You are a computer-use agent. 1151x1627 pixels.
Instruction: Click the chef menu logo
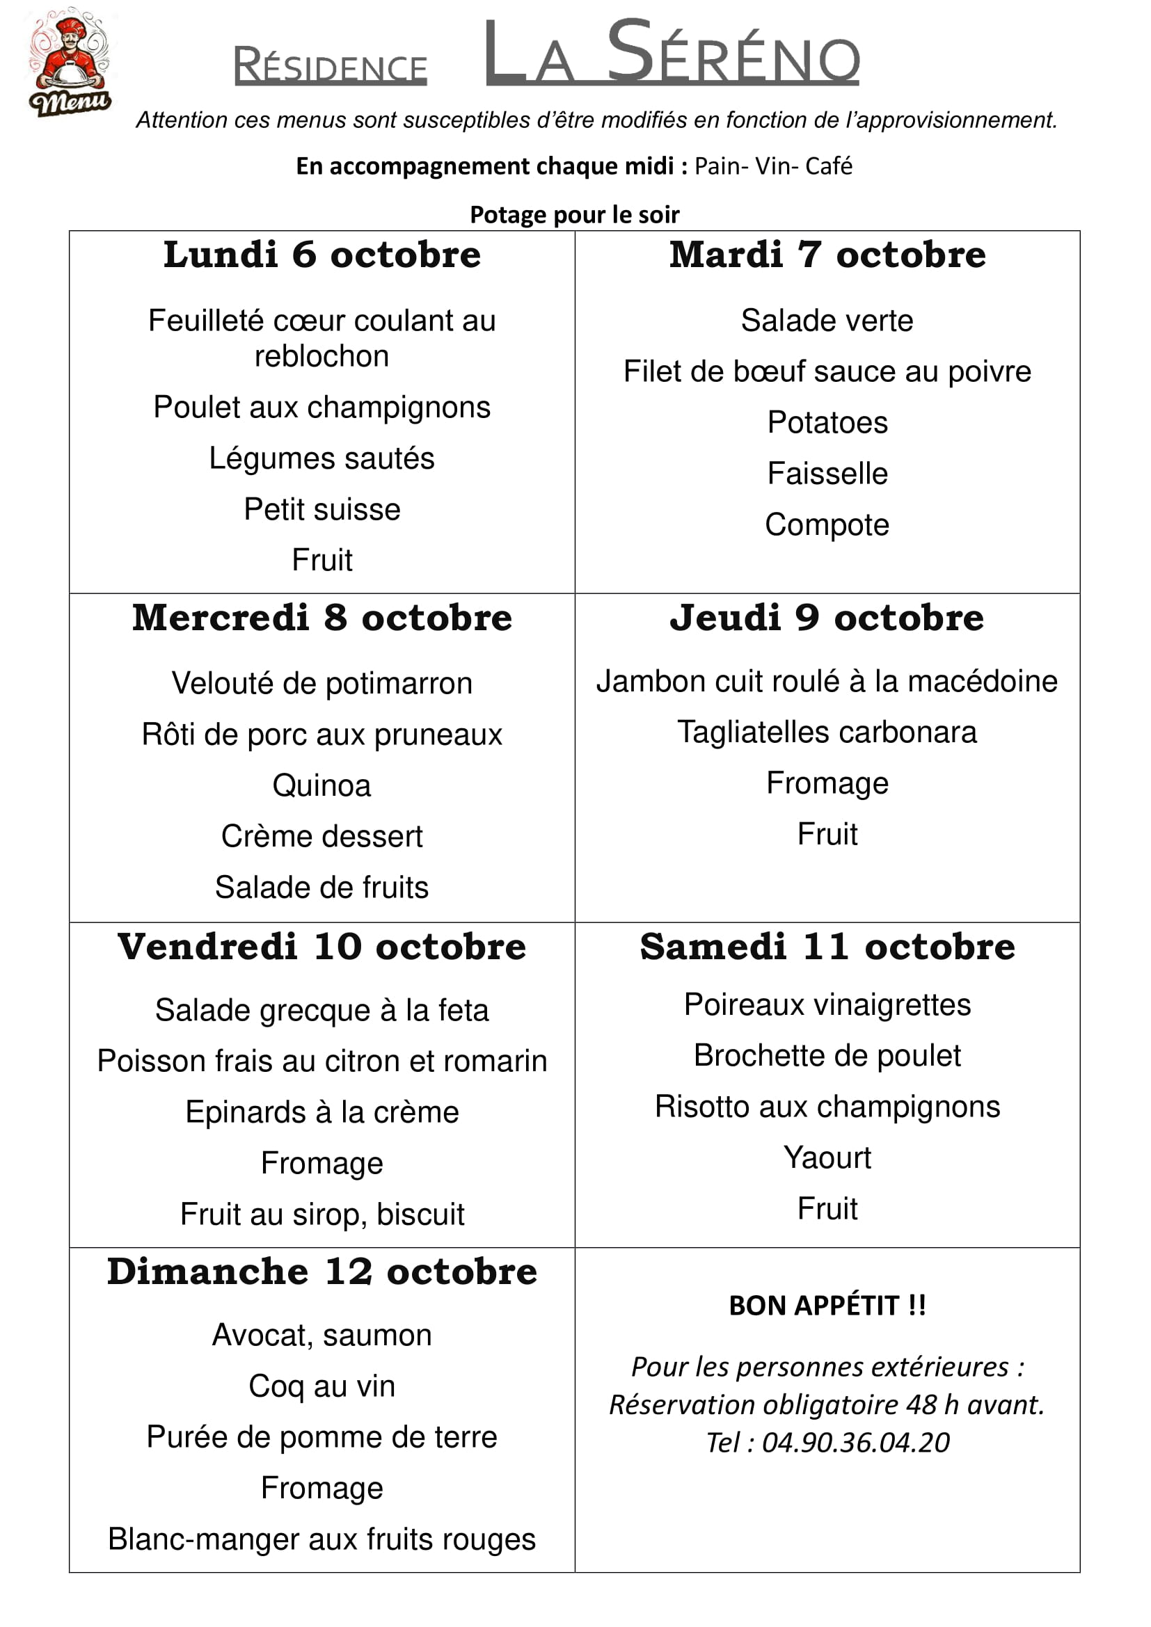70,63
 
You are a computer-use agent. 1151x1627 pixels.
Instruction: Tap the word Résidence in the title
331,67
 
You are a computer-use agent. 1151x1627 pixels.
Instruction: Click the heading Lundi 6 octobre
322,255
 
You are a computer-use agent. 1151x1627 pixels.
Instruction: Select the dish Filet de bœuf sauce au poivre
827,371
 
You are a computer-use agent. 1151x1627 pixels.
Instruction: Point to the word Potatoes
827,422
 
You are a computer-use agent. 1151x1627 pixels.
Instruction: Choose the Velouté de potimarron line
322,683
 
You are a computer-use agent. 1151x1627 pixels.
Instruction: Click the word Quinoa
322,785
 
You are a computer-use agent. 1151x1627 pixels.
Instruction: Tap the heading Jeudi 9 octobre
827,617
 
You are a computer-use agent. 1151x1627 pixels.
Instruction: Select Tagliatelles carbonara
827,732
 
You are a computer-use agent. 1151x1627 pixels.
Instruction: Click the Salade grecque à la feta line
322,1010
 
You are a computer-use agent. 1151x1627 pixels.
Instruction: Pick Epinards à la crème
322,1112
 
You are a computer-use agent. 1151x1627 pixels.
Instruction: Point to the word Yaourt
827,1157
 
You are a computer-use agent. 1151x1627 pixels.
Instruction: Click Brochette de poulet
827,1055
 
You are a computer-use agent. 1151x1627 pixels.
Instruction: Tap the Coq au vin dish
322,1386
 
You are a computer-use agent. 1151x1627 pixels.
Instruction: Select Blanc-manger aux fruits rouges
322,1539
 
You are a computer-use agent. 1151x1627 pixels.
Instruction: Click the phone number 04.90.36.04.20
855,1442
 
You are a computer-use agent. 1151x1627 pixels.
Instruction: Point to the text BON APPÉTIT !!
827,1305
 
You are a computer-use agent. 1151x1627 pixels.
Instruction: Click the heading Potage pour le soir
575,214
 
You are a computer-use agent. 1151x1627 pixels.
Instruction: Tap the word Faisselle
827,474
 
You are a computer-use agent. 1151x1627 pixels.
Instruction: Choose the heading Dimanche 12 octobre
322,1272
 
